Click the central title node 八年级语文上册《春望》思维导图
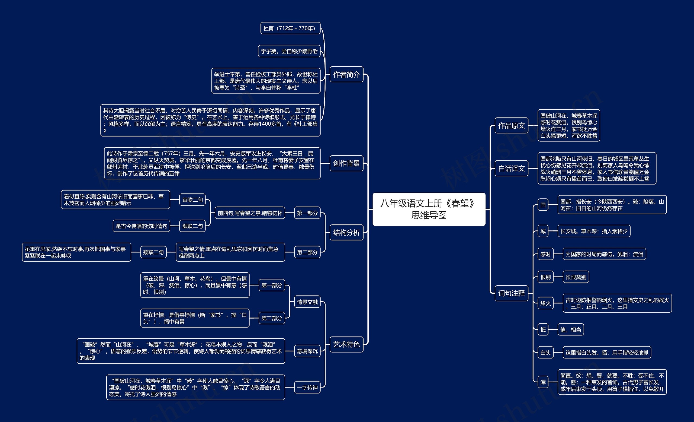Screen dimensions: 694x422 pos(429,209)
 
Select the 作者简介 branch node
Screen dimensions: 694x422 pos(346,74)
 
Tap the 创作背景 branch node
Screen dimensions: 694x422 pos(346,163)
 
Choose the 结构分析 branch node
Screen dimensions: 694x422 pos(346,233)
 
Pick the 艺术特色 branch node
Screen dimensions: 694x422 pos(346,344)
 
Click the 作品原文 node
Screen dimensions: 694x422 pos(512,125)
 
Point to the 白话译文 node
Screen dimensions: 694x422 pos(512,168)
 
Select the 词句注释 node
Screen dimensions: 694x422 pos(512,293)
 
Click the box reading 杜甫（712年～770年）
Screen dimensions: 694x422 pos(290,28)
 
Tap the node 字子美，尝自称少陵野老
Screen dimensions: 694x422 pos(289,51)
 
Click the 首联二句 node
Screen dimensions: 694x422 pos(192,199)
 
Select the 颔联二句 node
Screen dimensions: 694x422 pos(192,226)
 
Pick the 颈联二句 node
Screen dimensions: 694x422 pos(153,252)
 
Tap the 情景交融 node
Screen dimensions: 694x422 pos(307,302)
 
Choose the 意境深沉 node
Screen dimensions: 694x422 pos(307,351)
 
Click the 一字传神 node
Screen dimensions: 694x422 pos(307,387)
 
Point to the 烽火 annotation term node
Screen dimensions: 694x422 pos(545,303)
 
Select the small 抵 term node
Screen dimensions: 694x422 pos(543,329)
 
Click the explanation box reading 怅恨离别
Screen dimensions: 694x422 pos(576,277)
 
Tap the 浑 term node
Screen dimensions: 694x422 pos(543,382)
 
